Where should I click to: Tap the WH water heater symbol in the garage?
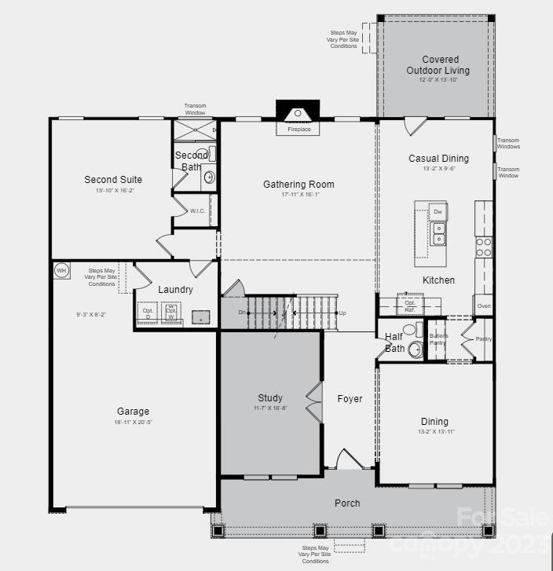(61, 271)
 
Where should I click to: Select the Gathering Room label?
(298, 185)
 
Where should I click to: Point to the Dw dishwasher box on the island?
(438, 213)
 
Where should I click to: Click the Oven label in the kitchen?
(483, 306)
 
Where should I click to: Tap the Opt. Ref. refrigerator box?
(409, 306)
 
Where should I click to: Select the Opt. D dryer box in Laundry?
(148, 313)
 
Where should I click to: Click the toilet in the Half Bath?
(414, 349)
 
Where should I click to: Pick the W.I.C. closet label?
(197, 211)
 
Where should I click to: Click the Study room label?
(269, 398)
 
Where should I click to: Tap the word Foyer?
(350, 399)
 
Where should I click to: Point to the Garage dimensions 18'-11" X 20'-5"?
(133, 423)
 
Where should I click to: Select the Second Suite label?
(113, 180)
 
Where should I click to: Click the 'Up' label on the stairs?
(342, 313)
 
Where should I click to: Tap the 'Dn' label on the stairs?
(244, 313)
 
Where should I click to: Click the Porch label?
(347, 503)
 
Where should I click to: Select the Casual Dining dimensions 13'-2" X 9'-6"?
(438, 169)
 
